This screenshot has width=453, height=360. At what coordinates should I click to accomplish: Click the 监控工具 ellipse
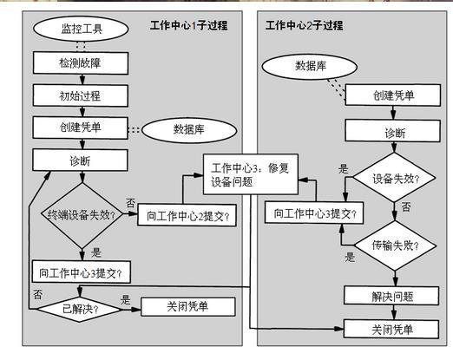tap(81, 29)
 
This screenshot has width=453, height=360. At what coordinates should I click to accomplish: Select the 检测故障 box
tap(81, 63)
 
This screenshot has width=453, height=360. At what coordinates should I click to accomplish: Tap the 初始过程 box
tap(81, 95)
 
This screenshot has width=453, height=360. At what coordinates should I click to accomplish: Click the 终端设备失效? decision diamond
tap(82, 215)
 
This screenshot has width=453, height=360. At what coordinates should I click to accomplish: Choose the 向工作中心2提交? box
tap(187, 215)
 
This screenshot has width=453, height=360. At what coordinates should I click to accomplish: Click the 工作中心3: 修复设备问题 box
tap(251, 174)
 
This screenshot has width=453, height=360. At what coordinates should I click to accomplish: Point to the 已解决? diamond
tap(79, 310)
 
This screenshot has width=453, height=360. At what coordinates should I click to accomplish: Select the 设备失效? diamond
tap(394, 178)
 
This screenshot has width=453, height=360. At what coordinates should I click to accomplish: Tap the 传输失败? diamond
tap(395, 245)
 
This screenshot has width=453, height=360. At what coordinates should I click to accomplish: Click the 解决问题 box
tap(391, 296)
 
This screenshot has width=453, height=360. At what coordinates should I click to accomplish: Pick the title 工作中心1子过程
tap(188, 25)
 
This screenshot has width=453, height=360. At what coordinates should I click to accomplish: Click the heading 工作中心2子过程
tap(305, 25)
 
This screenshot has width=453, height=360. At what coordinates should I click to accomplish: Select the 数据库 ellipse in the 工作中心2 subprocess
tap(310, 67)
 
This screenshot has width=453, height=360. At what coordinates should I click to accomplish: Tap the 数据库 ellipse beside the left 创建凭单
tap(189, 130)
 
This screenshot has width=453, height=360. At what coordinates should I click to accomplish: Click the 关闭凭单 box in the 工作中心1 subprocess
tap(188, 307)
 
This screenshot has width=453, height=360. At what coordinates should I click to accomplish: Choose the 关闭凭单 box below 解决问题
tap(391, 329)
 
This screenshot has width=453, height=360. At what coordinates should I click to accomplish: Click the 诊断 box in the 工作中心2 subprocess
tap(393, 131)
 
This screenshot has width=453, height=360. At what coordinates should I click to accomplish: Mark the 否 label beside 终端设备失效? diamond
tap(131, 203)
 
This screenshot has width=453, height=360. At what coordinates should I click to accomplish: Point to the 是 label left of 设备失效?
tap(344, 169)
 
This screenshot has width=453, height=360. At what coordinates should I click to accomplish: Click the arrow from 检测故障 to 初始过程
tap(82, 80)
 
